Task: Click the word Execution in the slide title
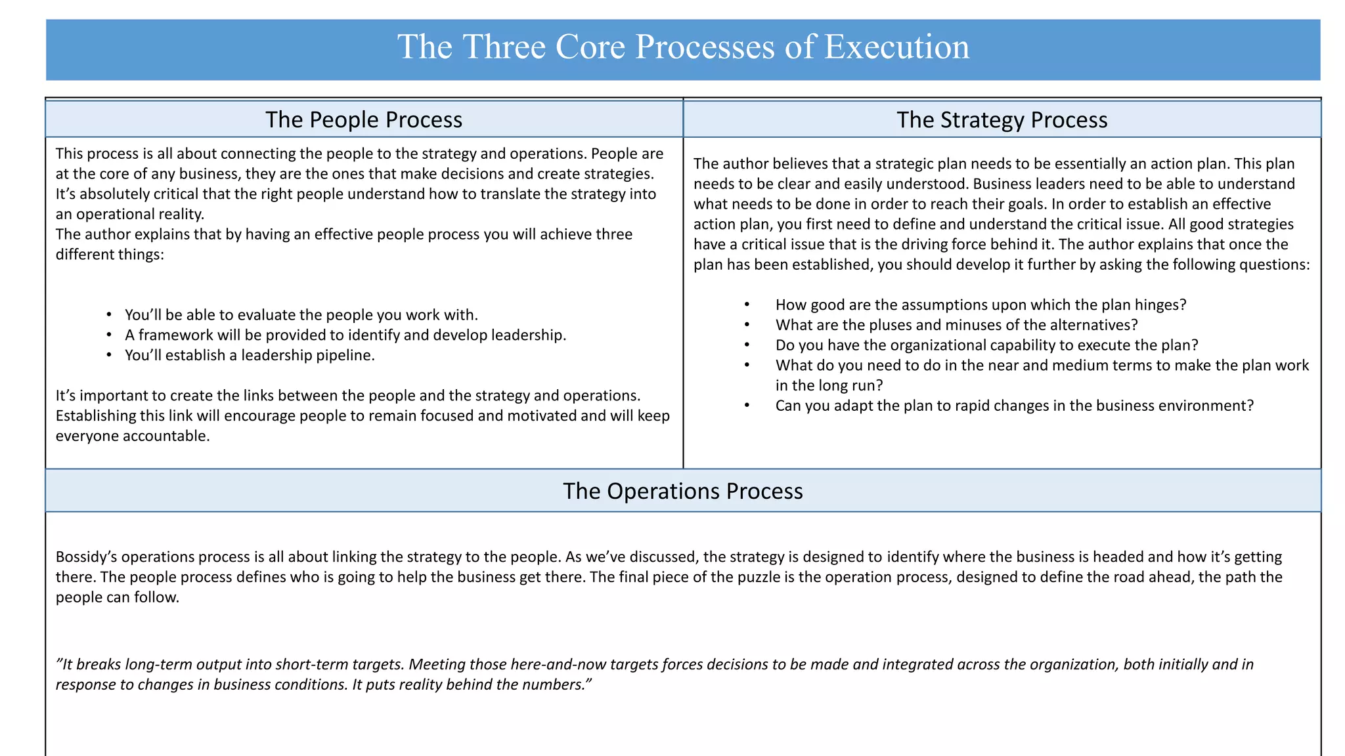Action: [x=896, y=47]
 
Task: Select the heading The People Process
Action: [x=364, y=120]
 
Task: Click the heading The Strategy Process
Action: [x=1002, y=120]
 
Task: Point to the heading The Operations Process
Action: [x=683, y=492]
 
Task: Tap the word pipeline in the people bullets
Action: [x=346, y=356]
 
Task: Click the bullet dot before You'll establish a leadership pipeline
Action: [x=109, y=356]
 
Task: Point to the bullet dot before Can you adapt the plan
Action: [x=747, y=406]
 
